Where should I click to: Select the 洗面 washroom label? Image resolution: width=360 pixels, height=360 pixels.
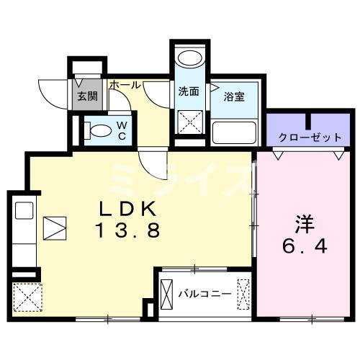click(x=189, y=91)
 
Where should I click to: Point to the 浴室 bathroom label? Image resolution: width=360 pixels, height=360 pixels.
click(x=235, y=96)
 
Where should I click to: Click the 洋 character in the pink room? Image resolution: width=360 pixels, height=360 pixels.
click(x=305, y=223)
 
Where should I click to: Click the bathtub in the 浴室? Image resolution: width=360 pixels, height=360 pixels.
click(x=235, y=133)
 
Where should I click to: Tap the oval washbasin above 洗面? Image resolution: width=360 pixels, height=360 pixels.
click(x=189, y=61)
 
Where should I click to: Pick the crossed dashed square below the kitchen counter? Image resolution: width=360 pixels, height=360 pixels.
click(x=27, y=296)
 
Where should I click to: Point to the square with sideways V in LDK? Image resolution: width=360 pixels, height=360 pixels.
click(x=55, y=228)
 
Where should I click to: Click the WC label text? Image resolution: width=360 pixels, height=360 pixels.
click(x=121, y=130)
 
